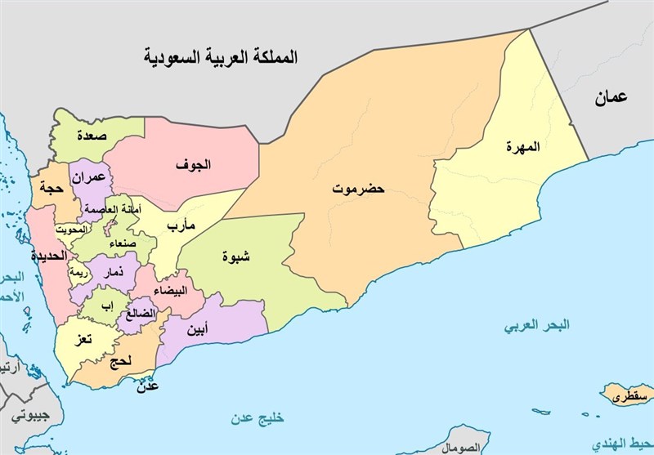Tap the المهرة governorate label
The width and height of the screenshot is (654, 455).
pos(523,148)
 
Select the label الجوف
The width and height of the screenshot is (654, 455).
pos(193,165)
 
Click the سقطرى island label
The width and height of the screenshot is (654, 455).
pos(634,398)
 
